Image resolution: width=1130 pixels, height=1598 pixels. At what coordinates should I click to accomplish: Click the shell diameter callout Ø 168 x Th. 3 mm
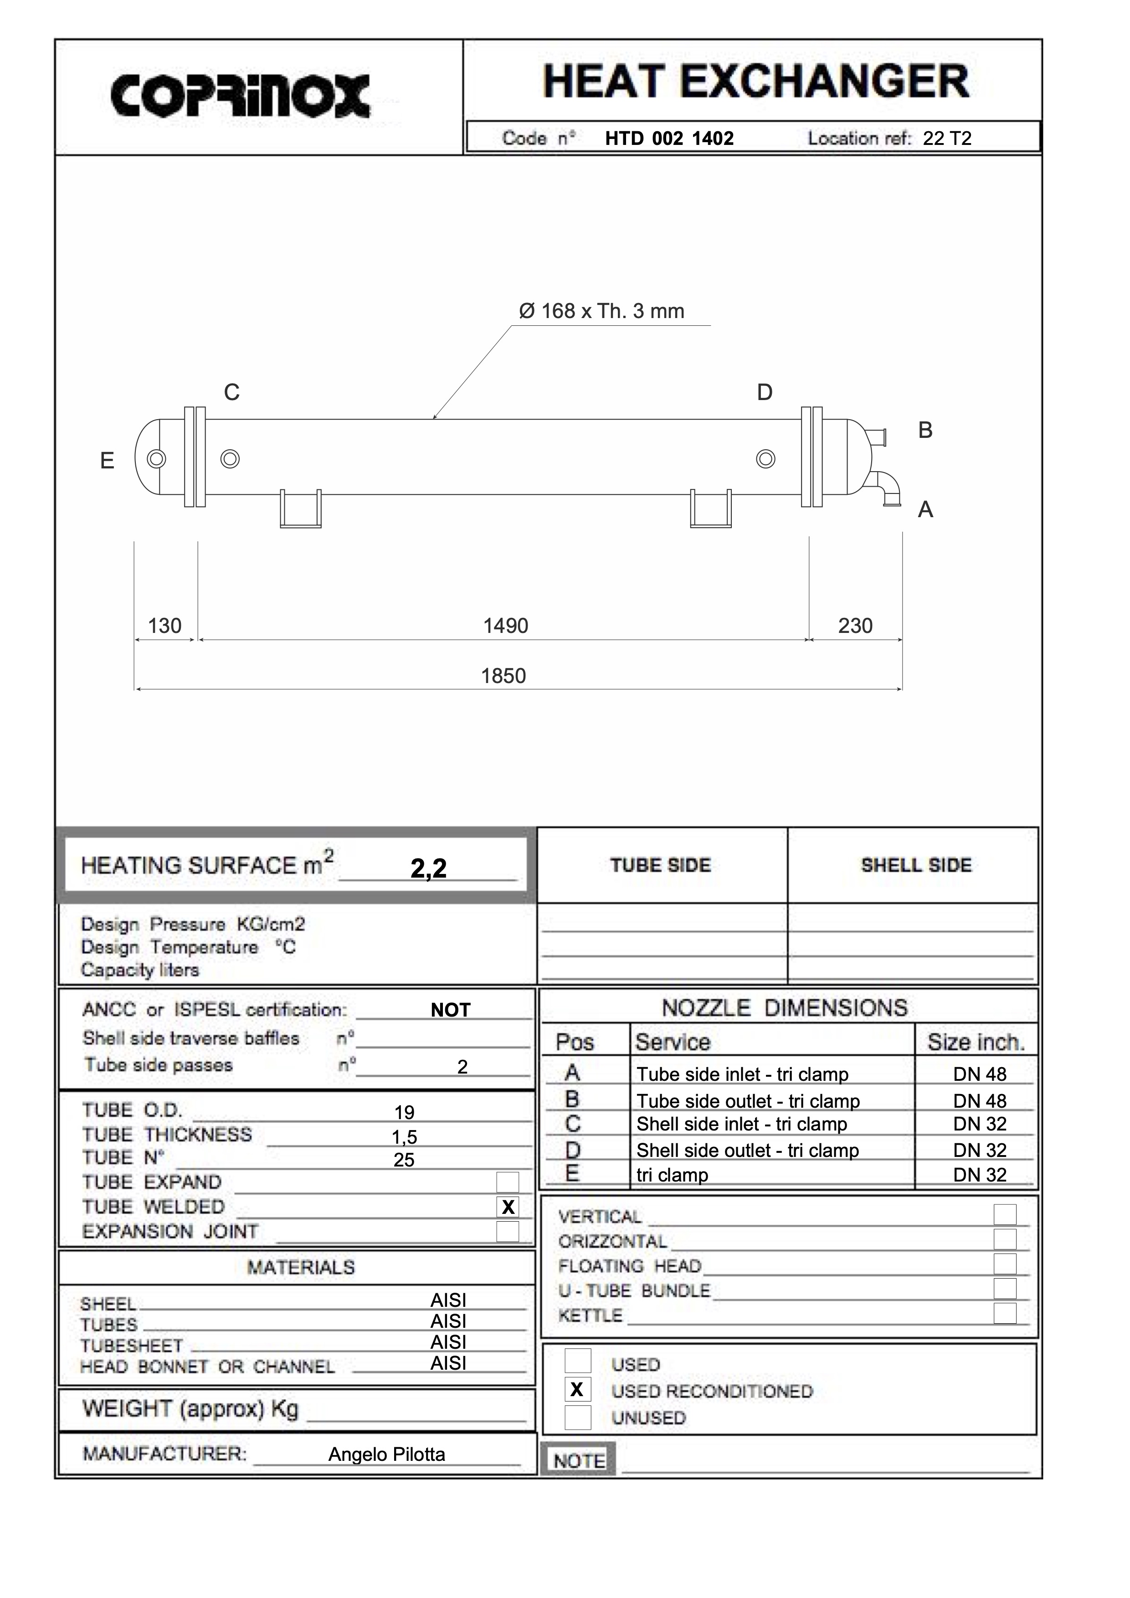pyautogui.click(x=601, y=311)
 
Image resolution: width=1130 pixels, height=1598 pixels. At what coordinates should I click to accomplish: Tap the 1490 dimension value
pyautogui.click(x=505, y=626)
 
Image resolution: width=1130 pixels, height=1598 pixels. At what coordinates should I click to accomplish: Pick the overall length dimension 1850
pyautogui.click(x=503, y=676)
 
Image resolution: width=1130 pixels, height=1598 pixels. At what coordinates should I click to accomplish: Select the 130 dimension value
pyautogui.click(x=165, y=626)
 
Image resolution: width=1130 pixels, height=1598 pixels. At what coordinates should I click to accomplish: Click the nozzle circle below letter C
pyautogui.click(x=230, y=459)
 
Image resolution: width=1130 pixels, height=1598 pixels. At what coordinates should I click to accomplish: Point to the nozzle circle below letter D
pyautogui.click(x=765, y=459)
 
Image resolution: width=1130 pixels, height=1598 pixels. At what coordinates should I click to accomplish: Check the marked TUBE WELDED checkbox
pyautogui.click(x=508, y=1207)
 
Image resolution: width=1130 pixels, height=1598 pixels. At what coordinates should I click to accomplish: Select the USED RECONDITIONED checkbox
pyautogui.click(x=577, y=1390)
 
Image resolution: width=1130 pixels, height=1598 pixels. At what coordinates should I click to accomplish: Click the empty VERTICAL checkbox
pyautogui.click(x=1005, y=1214)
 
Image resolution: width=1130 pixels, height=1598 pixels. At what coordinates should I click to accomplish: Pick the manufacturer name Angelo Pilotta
pyautogui.click(x=386, y=1454)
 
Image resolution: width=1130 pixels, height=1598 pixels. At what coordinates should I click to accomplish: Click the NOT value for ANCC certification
pyautogui.click(x=450, y=1010)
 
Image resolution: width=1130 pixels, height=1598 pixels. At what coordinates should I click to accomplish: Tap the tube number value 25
pyautogui.click(x=404, y=1160)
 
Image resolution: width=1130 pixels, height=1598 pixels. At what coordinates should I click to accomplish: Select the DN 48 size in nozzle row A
pyautogui.click(x=979, y=1074)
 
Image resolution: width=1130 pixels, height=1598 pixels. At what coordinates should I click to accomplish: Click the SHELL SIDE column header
pyautogui.click(x=916, y=865)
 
